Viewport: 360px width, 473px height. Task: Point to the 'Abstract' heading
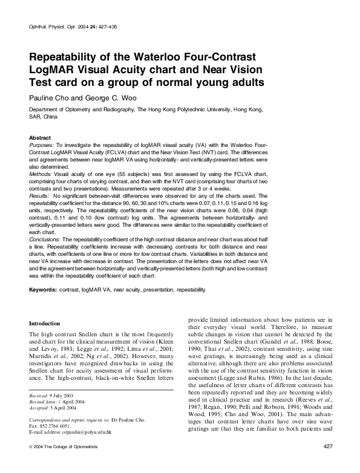tap(40, 138)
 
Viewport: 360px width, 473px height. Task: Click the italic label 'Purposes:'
tap(41, 146)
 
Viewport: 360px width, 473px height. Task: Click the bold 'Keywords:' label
tap(43, 290)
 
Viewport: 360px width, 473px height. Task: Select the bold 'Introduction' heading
tap(44, 324)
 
